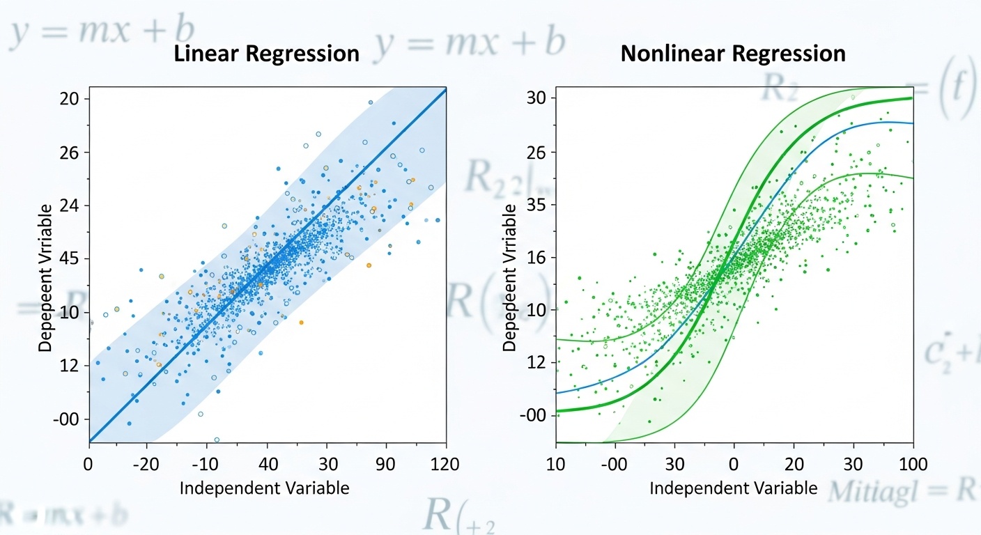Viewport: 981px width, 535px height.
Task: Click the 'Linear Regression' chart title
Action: (x=266, y=54)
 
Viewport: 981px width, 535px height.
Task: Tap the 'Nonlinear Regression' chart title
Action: (x=733, y=54)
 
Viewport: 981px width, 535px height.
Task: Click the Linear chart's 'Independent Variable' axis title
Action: (x=264, y=488)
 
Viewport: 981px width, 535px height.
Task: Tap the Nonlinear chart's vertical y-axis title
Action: (x=509, y=277)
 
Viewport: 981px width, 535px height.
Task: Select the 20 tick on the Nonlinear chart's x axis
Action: (x=794, y=464)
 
